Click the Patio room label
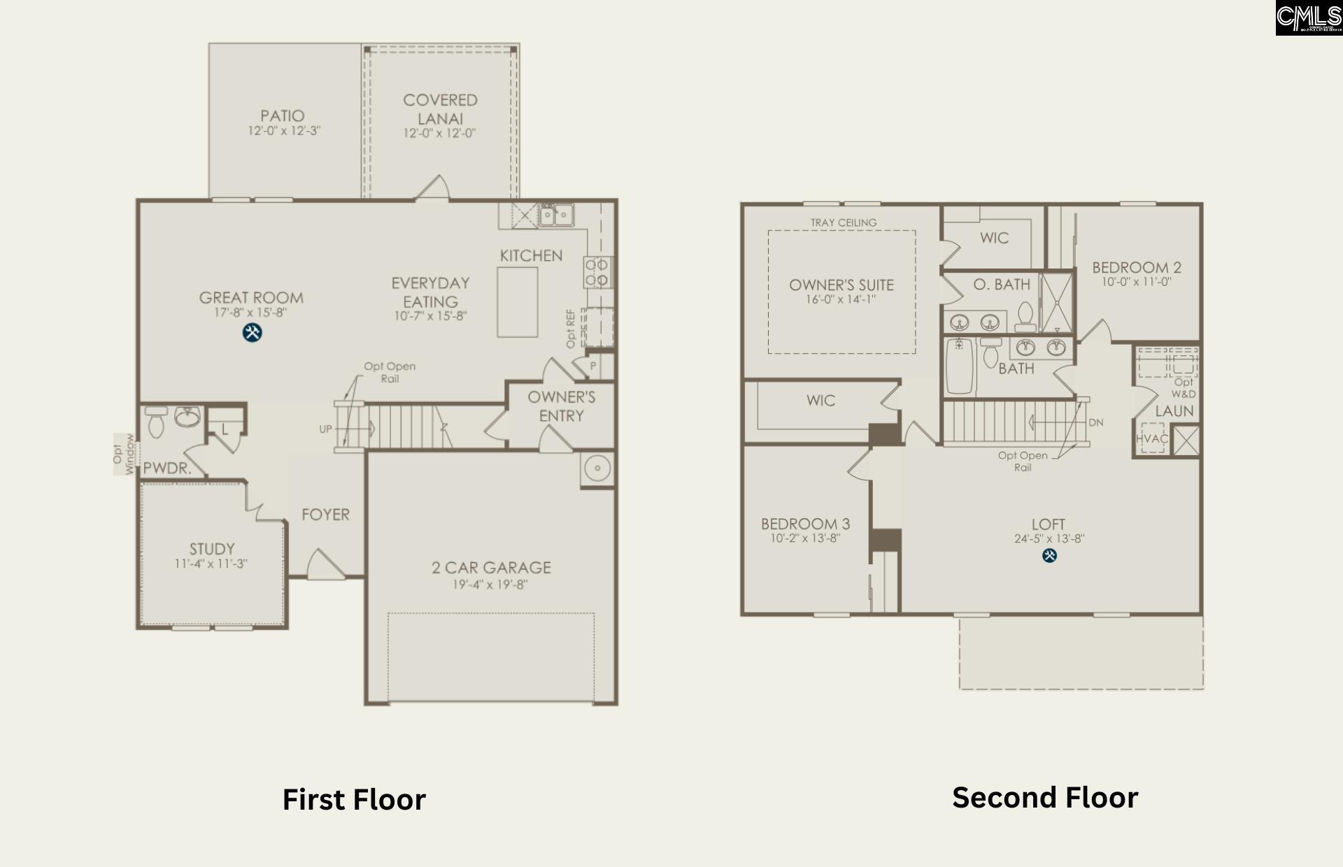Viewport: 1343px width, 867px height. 283,115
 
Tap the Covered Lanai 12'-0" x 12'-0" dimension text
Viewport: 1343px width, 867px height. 439,134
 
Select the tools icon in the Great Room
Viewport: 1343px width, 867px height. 252,333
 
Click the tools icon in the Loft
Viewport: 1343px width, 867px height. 1049,556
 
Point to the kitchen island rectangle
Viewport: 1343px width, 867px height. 518,302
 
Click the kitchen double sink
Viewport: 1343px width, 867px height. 556,215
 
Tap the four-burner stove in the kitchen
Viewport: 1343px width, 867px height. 597,272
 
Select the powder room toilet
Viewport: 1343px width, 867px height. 156,422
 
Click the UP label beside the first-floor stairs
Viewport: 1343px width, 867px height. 325,429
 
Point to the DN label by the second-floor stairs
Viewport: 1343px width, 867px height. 1095,423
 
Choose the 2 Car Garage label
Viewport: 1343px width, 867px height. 491,568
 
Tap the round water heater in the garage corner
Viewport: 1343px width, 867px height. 597,468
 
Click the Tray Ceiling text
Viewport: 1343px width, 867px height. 844,222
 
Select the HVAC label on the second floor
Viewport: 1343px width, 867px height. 1151,439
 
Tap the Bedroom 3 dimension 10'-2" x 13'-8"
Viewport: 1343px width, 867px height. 805,538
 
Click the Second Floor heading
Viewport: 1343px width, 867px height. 1045,798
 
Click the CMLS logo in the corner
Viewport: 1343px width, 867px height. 1308,17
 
